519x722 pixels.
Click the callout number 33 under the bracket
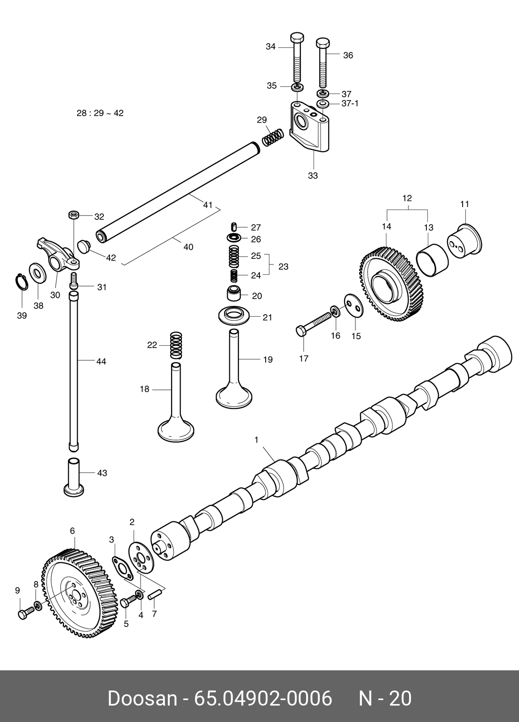click(x=313, y=176)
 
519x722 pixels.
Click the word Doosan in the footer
click(x=142, y=699)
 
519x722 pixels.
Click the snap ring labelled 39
click(x=20, y=282)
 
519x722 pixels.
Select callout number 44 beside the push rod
click(x=101, y=361)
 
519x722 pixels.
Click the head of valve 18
click(x=175, y=429)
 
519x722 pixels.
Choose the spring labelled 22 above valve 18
click(x=175, y=344)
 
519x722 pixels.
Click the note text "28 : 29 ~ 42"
click(x=100, y=113)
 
